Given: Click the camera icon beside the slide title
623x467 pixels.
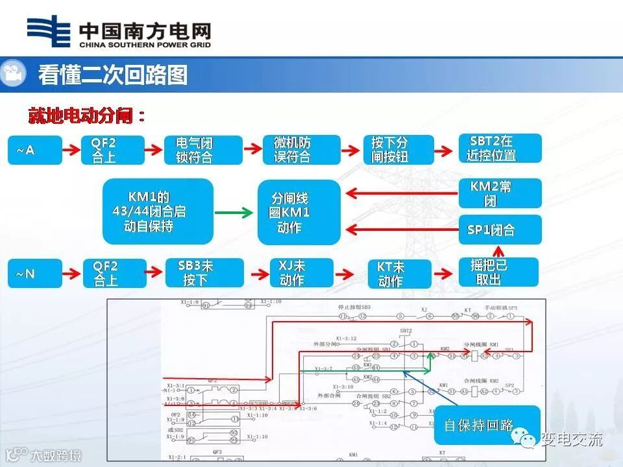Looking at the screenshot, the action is tap(12, 73).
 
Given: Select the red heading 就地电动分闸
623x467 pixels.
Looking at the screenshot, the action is tap(86, 117).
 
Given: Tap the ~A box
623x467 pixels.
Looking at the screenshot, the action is tap(34, 150).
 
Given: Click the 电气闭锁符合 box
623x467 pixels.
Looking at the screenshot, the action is tap(203, 150).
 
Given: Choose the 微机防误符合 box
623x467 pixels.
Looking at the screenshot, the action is tap(301, 150).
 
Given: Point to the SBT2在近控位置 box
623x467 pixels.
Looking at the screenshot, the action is tap(500, 149).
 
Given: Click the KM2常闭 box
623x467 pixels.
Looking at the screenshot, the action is tap(500, 193).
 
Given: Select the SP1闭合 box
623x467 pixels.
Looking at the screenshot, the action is tap(500, 230).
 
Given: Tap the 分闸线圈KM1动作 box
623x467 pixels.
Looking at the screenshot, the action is tap(299, 212).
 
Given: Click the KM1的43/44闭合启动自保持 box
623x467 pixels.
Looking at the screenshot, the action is tap(158, 212).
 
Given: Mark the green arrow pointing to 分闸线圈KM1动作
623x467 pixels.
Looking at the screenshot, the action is tap(234, 212).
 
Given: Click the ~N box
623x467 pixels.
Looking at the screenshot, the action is tap(34, 274).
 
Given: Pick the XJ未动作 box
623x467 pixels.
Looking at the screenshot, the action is tap(301, 273).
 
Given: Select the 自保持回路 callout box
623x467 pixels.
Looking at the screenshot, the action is tap(487, 425).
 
